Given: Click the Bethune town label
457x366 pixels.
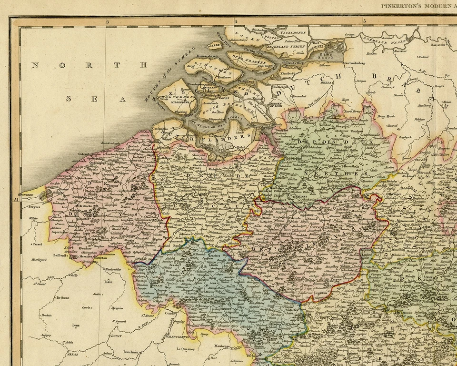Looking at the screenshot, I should [x=62, y=297].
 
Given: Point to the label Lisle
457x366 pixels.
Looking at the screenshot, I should [x=109, y=282].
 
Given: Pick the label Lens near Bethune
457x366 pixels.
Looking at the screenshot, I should [x=76, y=325].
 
